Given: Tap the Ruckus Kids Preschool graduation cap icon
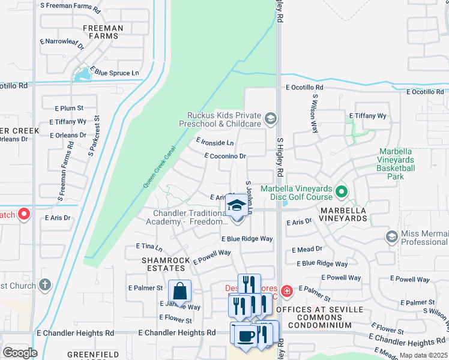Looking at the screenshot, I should point(271,118).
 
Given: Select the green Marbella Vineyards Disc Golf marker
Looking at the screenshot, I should point(342,193).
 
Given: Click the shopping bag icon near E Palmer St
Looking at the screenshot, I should point(179,292).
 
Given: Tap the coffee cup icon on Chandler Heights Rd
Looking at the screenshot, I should point(244,336).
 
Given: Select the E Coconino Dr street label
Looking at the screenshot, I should point(225,156).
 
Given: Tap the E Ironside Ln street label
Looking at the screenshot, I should point(215,142).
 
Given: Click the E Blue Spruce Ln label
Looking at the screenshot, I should point(116,73).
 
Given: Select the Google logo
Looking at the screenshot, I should point(19,353).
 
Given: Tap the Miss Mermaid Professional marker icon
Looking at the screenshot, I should point(392,236).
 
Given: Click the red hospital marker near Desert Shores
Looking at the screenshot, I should point(287,292).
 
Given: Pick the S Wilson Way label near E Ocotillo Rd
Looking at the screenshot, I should point(314,113).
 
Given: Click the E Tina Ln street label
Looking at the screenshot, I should point(149,247).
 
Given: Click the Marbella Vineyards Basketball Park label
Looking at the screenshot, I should point(396,164).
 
